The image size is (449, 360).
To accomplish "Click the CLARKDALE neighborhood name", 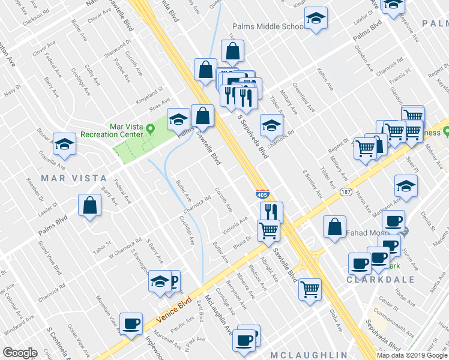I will [369, 279].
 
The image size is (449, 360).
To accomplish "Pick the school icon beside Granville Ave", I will [64, 144].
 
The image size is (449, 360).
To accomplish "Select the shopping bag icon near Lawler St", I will [89, 205].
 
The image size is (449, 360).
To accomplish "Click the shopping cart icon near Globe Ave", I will [310, 289].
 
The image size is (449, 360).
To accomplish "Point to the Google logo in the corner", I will [20, 353].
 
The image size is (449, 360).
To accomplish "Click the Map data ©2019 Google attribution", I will [412, 355].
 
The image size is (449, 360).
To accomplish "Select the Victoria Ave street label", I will [235, 226].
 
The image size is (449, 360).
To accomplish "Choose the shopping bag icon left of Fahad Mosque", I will [334, 226].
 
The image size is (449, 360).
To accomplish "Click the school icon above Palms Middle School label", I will [315, 18].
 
